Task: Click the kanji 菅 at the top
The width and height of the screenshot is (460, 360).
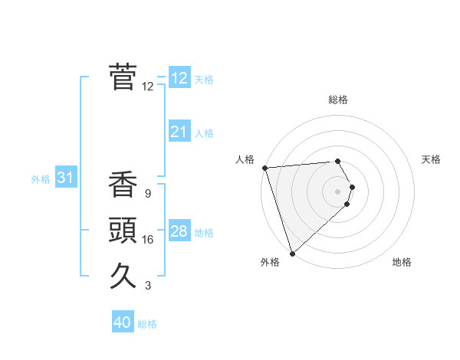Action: pyautogui.click(x=123, y=77)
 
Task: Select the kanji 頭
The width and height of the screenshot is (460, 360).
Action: pyautogui.click(x=123, y=230)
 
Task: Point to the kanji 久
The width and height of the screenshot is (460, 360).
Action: pyautogui.click(x=123, y=274)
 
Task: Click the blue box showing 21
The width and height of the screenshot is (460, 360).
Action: pyautogui.click(x=179, y=132)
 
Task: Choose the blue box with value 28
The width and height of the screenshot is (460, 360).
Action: pyautogui.click(x=179, y=231)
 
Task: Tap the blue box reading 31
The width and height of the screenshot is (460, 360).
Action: pyautogui.click(x=65, y=178)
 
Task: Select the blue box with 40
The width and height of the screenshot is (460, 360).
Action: pyautogui.click(x=123, y=322)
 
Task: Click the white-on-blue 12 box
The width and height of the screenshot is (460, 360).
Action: pyautogui.click(x=179, y=78)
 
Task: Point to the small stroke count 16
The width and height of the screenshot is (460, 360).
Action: pyautogui.click(x=148, y=240)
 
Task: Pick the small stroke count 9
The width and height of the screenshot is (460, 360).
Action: pyautogui.click(x=147, y=194)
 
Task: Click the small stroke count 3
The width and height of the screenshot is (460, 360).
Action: pyautogui.click(x=147, y=286)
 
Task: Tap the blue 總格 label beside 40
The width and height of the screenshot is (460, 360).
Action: pyautogui.click(x=147, y=324)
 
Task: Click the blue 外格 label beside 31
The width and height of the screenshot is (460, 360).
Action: pyautogui.click(x=41, y=179)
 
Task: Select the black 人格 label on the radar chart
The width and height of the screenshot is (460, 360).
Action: pyautogui.click(x=245, y=159)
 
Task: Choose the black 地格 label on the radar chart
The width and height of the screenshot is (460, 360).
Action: pyautogui.click(x=402, y=262)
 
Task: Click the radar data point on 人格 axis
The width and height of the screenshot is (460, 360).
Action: pyautogui.click(x=264, y=168)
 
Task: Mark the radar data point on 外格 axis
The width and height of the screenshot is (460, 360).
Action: pyautogui.click(x=292, y=253)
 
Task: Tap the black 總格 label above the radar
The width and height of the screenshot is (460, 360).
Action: pyautogui.click(x=337, y=100)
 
